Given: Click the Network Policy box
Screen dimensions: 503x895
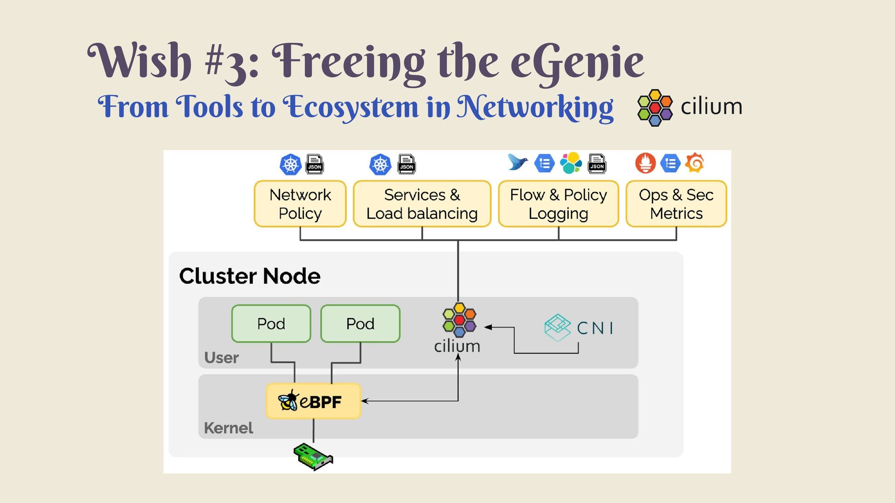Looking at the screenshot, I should coord(300,204).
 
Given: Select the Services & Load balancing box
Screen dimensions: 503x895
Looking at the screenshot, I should coord(422,204).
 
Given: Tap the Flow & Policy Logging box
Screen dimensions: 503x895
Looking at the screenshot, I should coord(558,204).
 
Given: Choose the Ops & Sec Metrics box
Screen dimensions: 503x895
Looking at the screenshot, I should coord(676,204).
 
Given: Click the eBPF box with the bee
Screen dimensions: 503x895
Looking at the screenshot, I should coord(313,401).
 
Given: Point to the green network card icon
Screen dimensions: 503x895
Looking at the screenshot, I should coord(313,456).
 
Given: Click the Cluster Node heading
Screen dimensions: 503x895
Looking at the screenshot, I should coord(250,276).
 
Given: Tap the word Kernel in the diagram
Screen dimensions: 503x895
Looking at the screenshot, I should coord(228,428).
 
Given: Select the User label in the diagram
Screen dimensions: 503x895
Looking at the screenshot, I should coord(221,358).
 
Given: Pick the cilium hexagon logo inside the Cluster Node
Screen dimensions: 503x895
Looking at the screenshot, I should coord(459,320).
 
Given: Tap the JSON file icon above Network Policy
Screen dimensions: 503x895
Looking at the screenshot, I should coord(315,164).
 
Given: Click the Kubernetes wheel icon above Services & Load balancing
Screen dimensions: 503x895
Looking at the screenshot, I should coord(380,164).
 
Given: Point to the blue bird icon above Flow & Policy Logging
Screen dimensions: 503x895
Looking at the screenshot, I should coord(517,163).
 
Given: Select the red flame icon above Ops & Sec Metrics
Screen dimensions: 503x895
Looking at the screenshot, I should coord(646,163).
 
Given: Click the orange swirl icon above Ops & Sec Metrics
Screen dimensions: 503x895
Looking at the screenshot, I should coord(695,163).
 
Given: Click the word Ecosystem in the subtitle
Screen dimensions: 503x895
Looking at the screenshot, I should coord(351,107).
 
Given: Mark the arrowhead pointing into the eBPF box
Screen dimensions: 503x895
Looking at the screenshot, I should coord(365,401).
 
